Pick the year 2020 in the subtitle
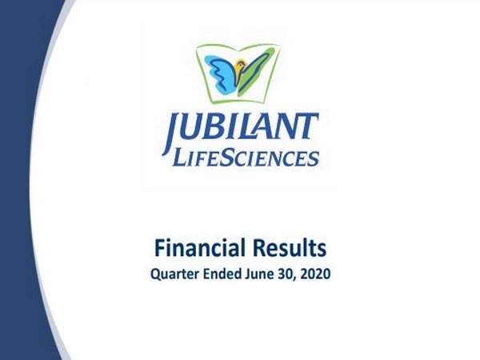(x=314, y=273)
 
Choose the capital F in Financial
(x=159, y=246)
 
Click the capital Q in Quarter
(x=155, y=274)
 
